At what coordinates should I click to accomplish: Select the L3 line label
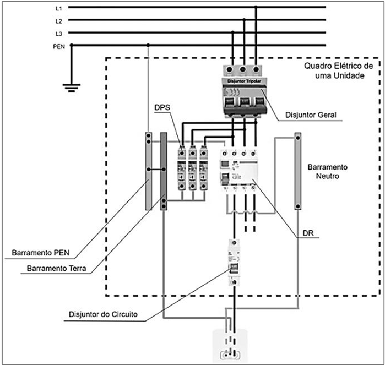pos(59,34)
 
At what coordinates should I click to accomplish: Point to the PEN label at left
pos(59,47)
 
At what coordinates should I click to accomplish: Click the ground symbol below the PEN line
pos(72,85)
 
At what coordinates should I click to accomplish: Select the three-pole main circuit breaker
pos(243,90)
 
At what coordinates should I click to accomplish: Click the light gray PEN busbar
pos(148,171)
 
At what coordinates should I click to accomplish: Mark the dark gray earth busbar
pos(163,171)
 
